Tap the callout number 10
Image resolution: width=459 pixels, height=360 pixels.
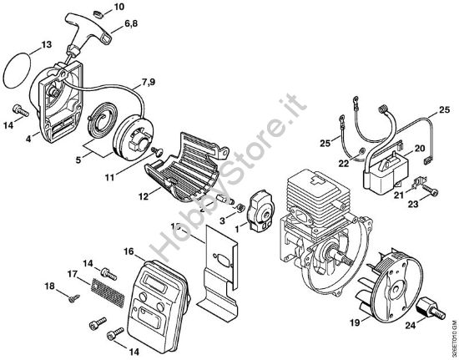tap(119, 7)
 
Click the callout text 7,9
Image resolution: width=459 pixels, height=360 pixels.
tap(148, 81)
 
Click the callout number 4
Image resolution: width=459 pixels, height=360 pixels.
tap(28, 139)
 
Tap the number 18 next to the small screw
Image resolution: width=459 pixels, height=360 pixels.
tap(50, 286)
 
